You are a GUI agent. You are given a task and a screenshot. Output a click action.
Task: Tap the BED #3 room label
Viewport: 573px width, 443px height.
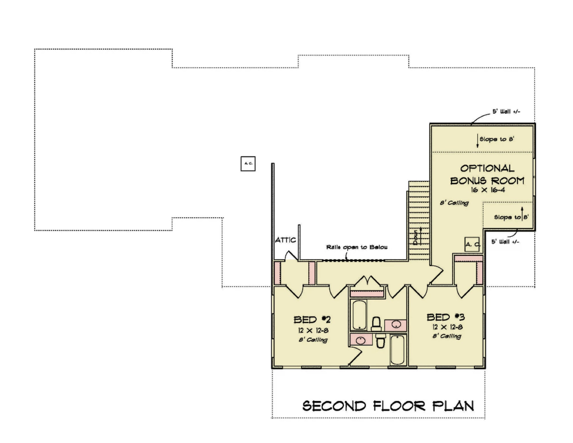click(x=446, y=317)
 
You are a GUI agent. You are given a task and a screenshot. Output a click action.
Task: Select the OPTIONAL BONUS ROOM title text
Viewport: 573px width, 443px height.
click(x=487, y=174)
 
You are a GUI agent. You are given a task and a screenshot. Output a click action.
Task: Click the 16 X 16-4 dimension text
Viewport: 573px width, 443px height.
click(x=488, y=190)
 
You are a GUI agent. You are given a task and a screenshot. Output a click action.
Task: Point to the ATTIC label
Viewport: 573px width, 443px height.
click(x=285, y=240)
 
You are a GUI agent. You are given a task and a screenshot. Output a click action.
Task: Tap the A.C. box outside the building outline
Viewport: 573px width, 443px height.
click(x=248, y=164)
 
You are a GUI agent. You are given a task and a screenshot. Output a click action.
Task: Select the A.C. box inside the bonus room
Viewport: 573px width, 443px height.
click(x=472, y=244)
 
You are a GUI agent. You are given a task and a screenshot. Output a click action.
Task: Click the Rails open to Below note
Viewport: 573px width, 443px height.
click(x=357, y=247)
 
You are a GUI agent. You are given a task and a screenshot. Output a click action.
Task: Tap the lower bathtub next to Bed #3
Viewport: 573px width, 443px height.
click(x=397, y=350)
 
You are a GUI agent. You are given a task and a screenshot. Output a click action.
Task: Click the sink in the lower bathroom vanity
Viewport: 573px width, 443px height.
click(x=360, y=340)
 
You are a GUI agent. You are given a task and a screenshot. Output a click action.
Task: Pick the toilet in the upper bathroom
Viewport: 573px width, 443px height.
click(x=376, y=324)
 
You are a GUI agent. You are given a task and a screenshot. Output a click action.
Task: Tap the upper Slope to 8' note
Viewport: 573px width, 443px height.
click(x=497, y=139)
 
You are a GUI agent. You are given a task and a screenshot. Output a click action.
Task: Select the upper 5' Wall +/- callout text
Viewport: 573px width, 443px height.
click(x=506, y=112)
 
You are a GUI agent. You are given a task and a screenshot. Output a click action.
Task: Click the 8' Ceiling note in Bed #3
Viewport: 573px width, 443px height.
click(x=447, y=336)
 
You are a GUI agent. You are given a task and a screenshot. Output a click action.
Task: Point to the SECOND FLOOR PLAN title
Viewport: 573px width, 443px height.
click(x=388, y=406)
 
